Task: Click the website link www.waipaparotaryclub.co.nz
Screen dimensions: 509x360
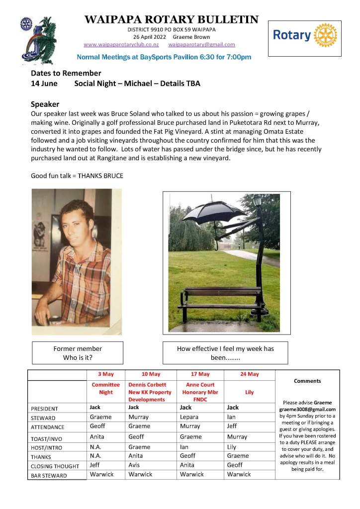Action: pos(121,45)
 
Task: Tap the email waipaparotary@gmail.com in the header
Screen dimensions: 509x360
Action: pos(202,45)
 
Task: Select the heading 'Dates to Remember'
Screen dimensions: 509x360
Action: pos(66,73)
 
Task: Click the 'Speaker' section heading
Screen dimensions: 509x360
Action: pos(45,104)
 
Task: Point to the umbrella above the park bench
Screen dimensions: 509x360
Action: pos(213,211)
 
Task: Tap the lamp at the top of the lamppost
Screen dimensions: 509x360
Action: pos(258,200)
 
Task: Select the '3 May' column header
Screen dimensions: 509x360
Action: pos(106,374)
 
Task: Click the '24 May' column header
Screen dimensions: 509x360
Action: pos(249,374)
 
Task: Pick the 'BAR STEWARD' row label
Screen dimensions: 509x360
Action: pos(49,476)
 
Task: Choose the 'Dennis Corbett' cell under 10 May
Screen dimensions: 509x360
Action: pos(148,385)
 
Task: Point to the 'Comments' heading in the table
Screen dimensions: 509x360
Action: pos(307,381)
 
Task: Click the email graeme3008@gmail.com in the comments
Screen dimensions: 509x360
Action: pos(307,409)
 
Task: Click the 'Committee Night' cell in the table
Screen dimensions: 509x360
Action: pos(106,388)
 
